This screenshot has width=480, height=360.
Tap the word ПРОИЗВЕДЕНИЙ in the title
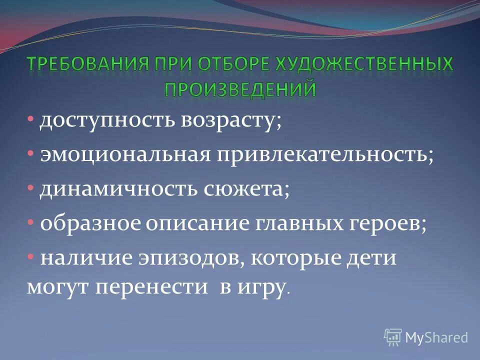240,88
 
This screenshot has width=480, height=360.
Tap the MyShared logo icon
393,337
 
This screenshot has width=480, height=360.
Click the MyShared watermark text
436,337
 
